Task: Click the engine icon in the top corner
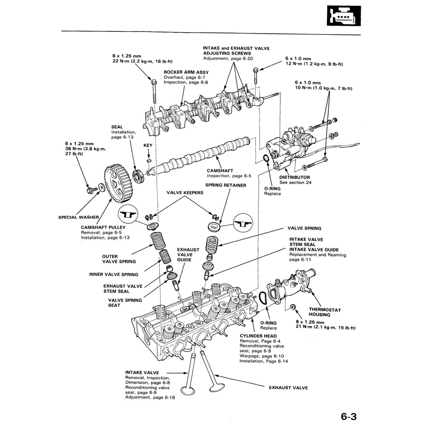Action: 344,16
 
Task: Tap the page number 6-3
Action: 349,416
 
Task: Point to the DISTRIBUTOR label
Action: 294,177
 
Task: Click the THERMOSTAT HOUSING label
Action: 325,312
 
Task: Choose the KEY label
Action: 148,145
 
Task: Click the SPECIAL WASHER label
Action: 79,217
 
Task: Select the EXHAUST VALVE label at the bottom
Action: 288,388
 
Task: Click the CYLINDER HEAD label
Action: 258,336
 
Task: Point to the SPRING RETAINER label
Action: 226,185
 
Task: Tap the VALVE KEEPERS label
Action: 185,193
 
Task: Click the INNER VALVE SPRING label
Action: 114,274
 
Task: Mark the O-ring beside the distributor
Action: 267,159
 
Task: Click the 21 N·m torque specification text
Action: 325,328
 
